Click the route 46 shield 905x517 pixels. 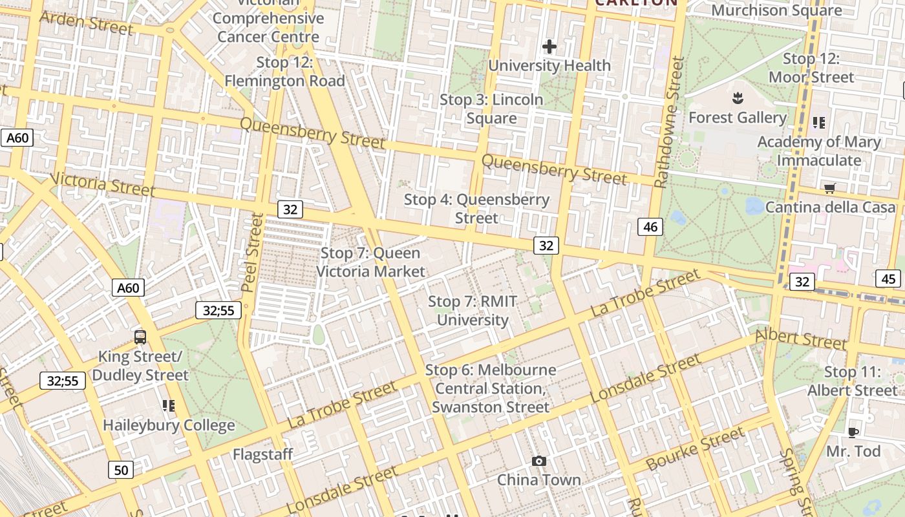tap(650, 227)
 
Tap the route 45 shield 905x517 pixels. tap(889, 279)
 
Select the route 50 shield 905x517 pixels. tap(122, 470)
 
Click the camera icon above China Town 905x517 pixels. tap(539, 461)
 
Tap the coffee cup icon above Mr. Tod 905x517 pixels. tap(853, 432)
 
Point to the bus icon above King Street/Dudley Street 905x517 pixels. tap(140, 337)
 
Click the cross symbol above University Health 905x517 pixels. tap(549, 47)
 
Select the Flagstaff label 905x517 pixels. tap(262, 454)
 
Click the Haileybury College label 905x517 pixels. tap(169, 425)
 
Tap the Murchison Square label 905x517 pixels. tap(776, 10)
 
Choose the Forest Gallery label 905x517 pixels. tap(737, 118)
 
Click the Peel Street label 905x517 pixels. tap(253, 252)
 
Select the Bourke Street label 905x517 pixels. tap(695, 449)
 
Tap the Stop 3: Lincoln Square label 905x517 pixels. tap(491, 109)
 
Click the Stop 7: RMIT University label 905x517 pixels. tap(473, 311)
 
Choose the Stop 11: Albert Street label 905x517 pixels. tap(853, 381)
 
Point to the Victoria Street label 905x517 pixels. tap(103, 184)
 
